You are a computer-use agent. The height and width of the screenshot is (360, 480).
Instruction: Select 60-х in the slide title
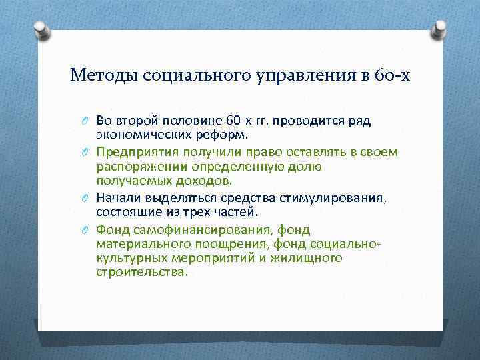393,75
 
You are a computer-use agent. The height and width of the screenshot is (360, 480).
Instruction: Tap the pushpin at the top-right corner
440,29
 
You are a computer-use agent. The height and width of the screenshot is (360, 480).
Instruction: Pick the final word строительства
141,271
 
